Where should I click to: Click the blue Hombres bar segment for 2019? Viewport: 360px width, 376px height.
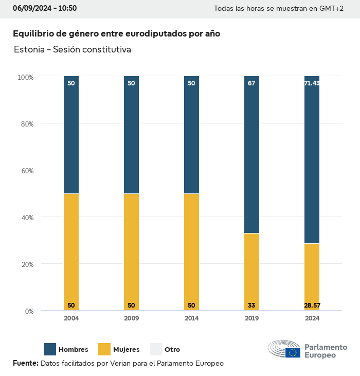point(251,154)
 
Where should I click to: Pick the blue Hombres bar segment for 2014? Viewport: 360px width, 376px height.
point(191,135)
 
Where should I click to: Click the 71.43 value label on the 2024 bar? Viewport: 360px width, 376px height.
point(312,83)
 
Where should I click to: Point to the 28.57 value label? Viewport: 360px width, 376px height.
point(312,306)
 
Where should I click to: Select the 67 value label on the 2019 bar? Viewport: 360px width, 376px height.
point(251,83)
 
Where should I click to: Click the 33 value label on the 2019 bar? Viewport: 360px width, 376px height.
point(251,306)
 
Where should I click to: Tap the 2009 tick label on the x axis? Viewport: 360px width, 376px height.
point(131,318)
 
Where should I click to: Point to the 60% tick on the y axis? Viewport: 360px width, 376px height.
point(26,171)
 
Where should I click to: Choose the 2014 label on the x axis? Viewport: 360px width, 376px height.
point(191,318)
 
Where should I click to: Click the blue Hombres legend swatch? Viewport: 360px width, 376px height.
point(50,349)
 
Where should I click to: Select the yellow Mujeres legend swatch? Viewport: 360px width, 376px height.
point(104,349)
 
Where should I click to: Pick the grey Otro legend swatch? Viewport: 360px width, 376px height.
point(156,349)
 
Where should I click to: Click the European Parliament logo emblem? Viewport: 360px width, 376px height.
point(284,349)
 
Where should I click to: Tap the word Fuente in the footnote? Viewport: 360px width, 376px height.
point(25,363)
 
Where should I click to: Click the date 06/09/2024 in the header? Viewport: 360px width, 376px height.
point(31,8)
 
